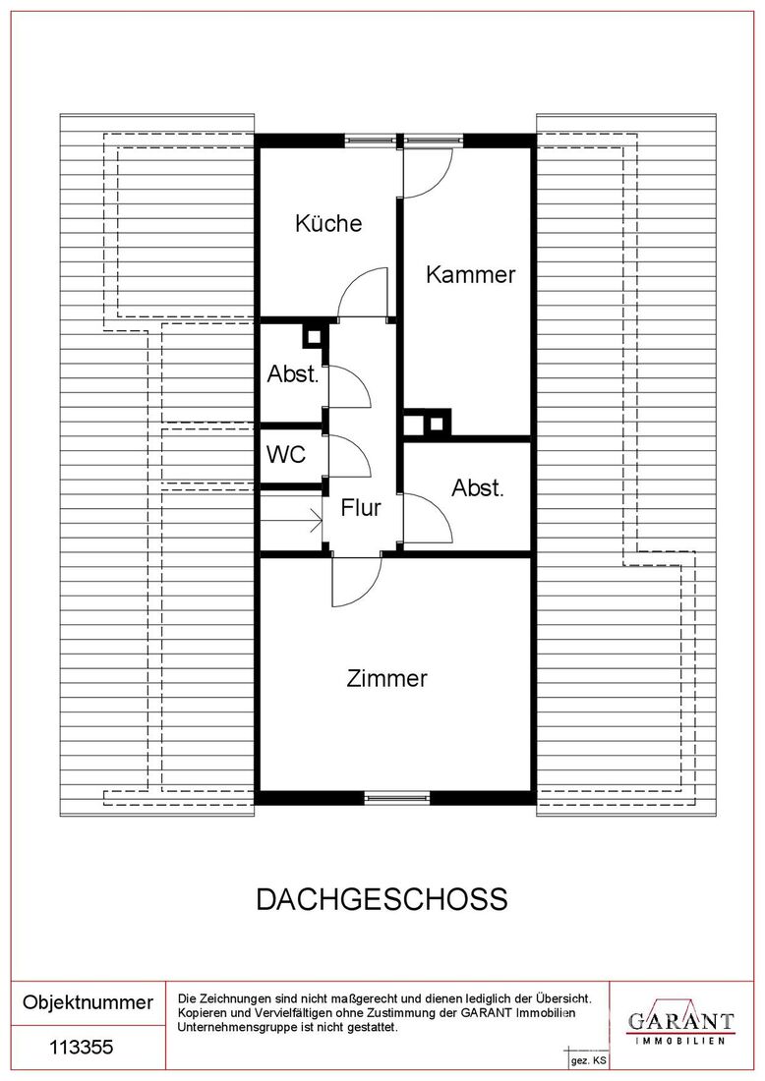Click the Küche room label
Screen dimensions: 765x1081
coord(328,223)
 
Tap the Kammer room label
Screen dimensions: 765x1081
coord(470,274)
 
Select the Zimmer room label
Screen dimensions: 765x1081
coord(387,678)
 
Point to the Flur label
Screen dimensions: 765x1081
coord(361,508)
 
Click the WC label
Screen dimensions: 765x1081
coord(286,454)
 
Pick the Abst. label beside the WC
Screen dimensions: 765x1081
coord(293,374)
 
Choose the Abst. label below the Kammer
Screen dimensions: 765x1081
coord(478,488)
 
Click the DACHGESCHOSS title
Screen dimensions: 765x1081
coord(382,899)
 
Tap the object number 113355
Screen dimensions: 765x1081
coord(82,1048)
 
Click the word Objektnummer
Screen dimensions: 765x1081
coord(88,1002)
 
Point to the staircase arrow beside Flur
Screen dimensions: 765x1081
coord(291,520)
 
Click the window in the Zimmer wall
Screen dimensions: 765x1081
coord(396,798)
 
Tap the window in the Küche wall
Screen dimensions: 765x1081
coord(371,141)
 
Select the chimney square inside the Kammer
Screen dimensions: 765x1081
coord(436,424)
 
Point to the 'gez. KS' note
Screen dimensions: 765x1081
coord(588,1061)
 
